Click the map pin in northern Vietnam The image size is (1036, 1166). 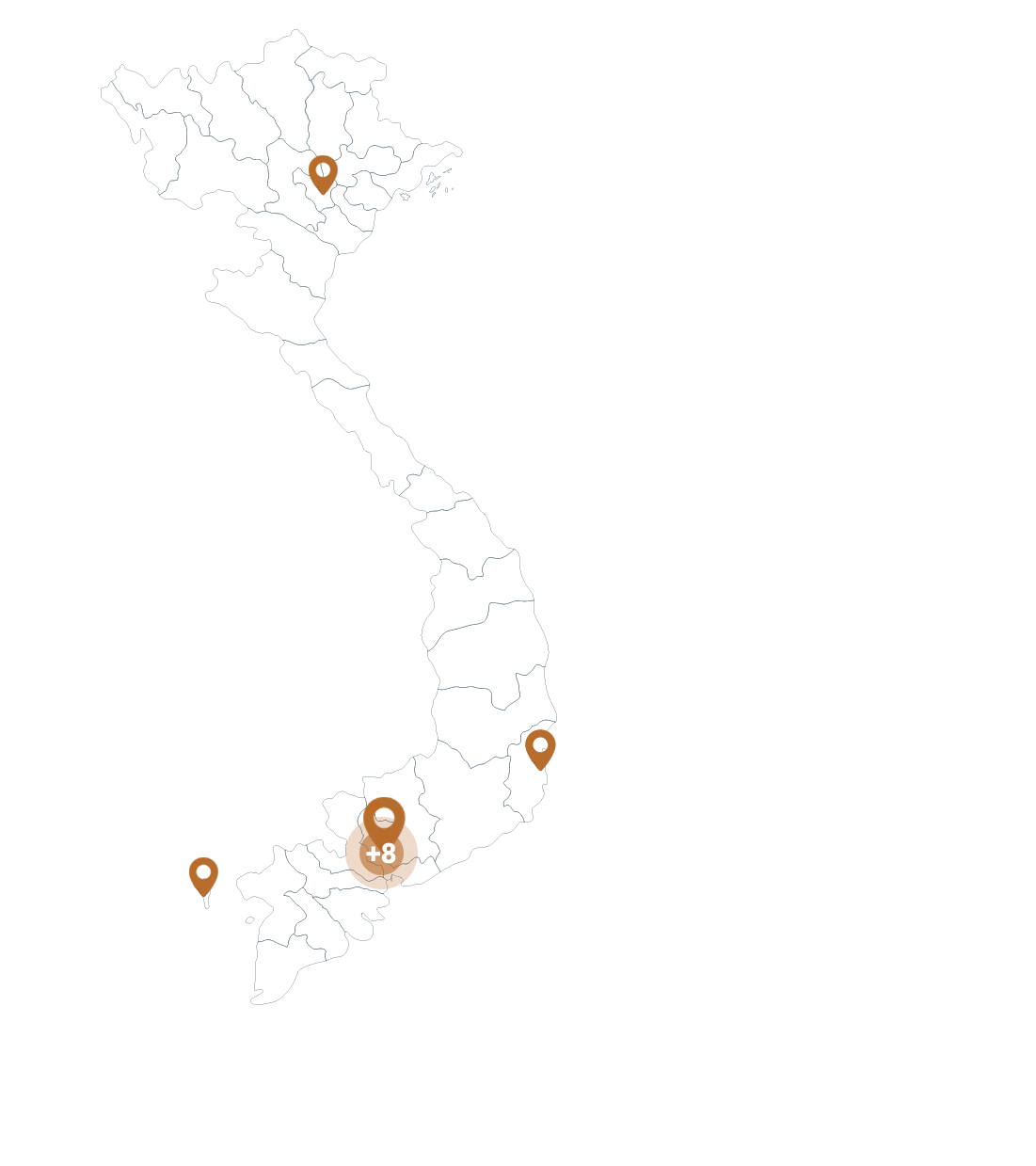[x=323, y=174]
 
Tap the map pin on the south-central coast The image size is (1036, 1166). [x=540, y=749]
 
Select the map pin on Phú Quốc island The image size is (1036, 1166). [x=203, y=876]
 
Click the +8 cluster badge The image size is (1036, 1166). [x=381, y=854]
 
